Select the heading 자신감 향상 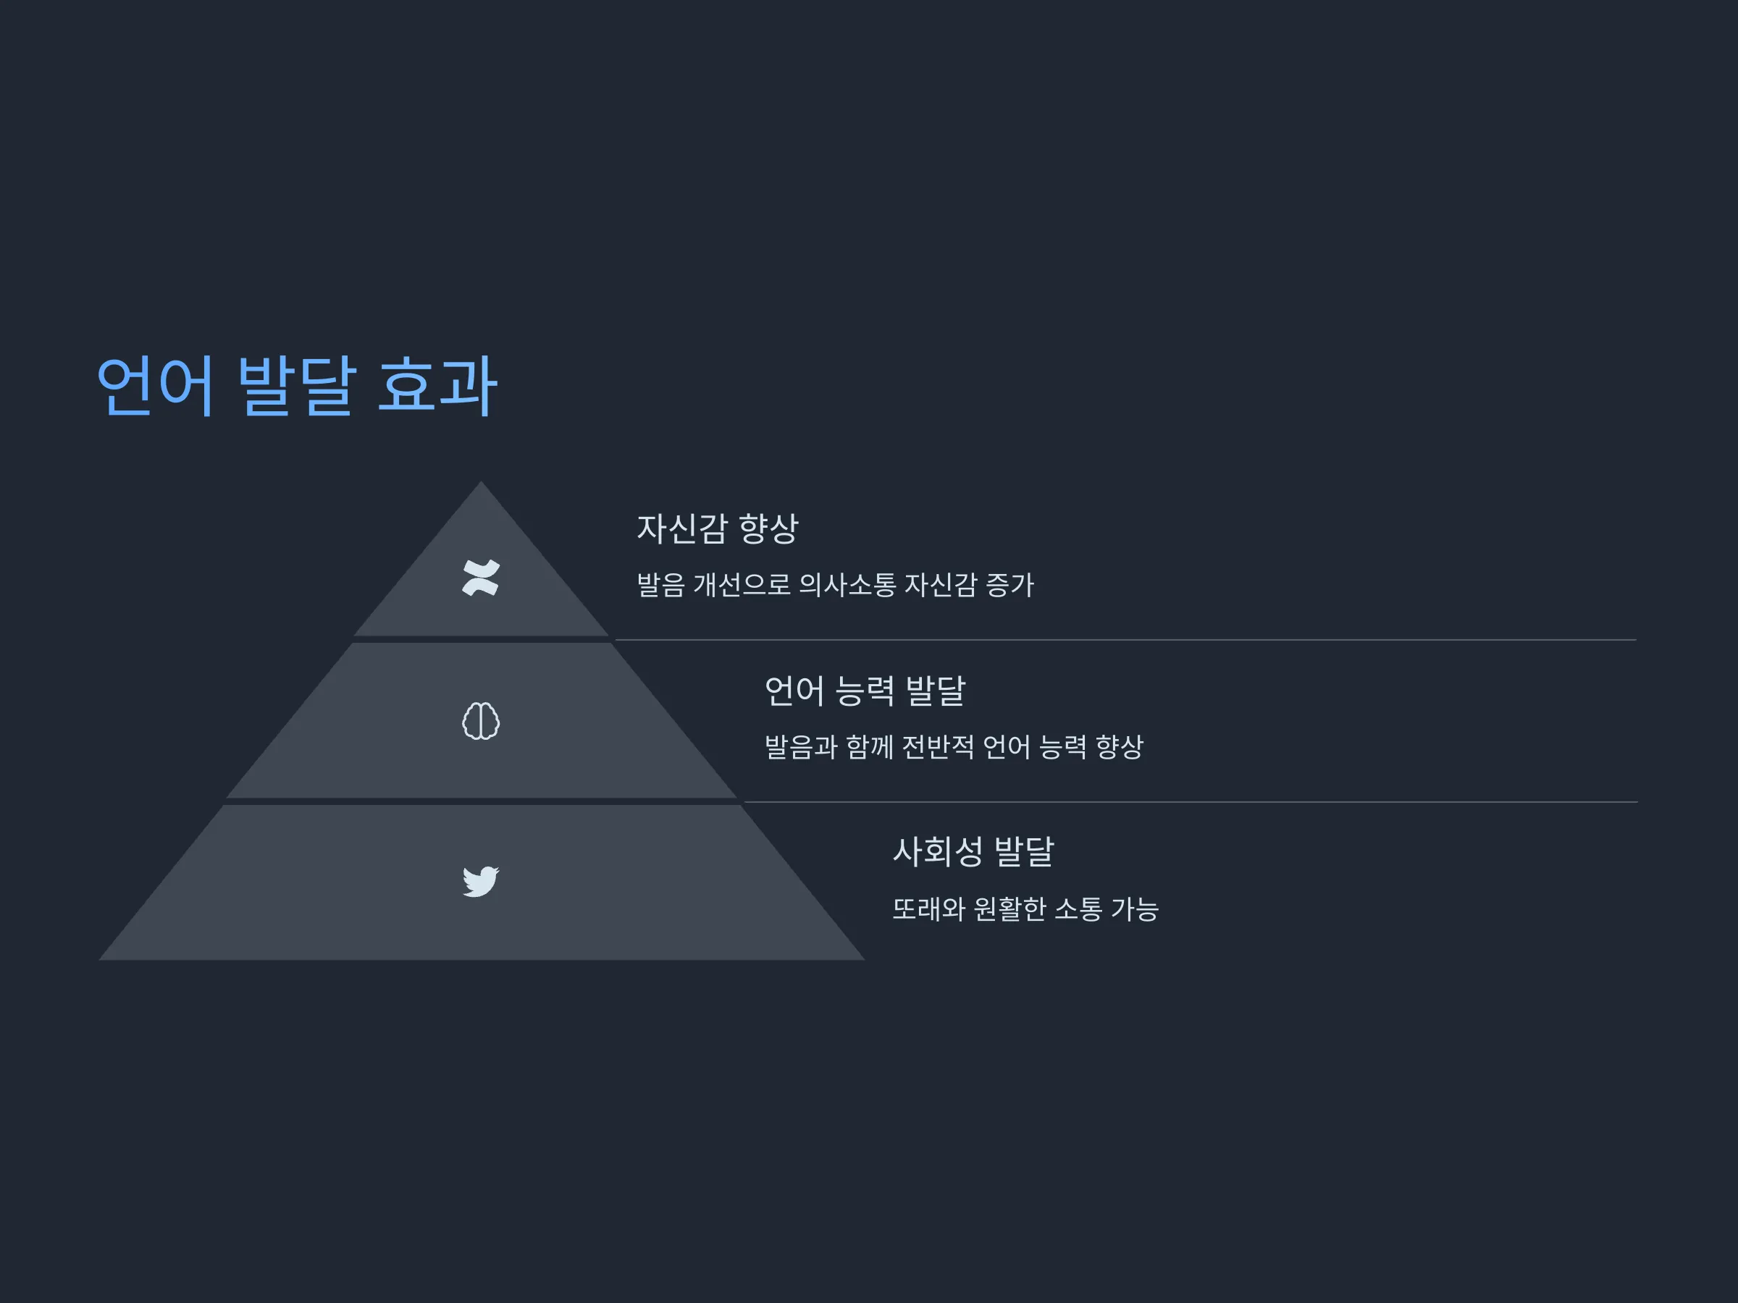click(x=717, y=528)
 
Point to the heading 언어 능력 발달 click(x=864, y=691)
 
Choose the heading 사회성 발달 click(x=973, y=851)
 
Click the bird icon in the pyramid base click(x=481, y=881)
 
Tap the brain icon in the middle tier click(x=481, y=720)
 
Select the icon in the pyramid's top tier click(x=481, y=578)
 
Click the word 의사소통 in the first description click(x=847, y=584)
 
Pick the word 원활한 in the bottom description click(x=1009, y=908)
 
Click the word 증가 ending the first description click(x=1009, y=584)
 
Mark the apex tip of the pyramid click(x=481, y=481)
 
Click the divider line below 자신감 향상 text click(x=1126, y=640)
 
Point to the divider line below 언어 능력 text click(x=1191, y=802)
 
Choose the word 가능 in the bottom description click(x=1135, y=908)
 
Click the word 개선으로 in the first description click(x=742, y=584)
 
